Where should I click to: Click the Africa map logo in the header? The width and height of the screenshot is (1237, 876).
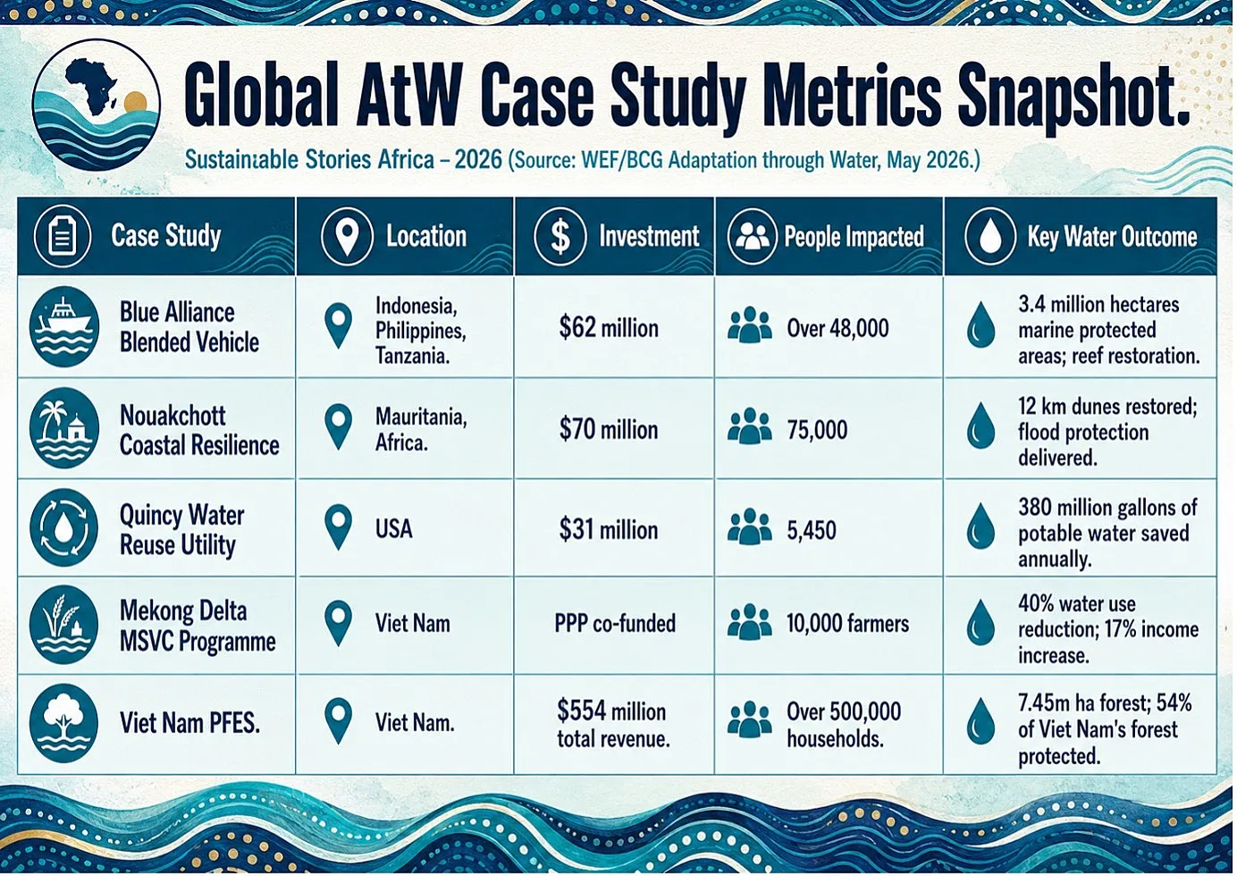[x=97, y=105]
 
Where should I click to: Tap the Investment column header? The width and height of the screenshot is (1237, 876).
[x=649, y=236]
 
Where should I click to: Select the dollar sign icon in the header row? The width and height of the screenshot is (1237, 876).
[x=560, y=236]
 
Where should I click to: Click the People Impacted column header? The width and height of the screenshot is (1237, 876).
[x=854, y=236]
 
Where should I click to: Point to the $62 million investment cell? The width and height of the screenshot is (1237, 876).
[x=609, y=328]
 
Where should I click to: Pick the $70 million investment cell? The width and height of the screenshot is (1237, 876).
[x=609, y=430]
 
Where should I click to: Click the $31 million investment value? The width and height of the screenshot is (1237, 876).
[x=609, y=530]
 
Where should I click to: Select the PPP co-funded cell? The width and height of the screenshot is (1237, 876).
[x=615, y=624]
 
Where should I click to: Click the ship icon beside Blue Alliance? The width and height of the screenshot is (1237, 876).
[x=64, y=326]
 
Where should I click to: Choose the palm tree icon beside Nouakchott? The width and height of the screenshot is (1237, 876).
[x=64, y=428]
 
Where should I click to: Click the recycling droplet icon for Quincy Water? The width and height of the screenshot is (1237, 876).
[x=64, y=528]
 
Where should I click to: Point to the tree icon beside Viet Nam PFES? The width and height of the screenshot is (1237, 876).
[x=64, y=724]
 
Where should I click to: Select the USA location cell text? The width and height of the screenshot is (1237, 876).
[x=394, y=528]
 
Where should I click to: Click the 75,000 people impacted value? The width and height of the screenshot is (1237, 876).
[x=817, y=430]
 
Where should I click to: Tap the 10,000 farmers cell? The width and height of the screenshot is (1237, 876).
[x=847, y=624]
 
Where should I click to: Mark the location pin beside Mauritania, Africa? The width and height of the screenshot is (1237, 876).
[x=339, y=426]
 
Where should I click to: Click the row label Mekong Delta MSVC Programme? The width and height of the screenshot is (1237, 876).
[x=198, y=626]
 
